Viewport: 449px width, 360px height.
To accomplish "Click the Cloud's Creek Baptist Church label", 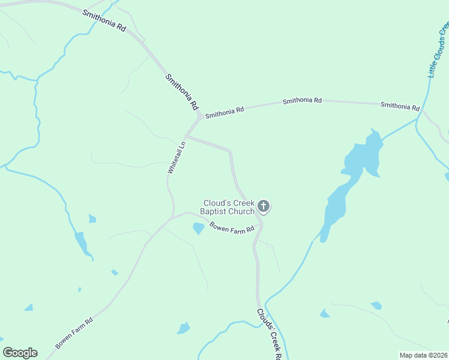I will [x=229, y=207].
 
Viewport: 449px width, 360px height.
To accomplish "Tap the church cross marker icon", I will [x=263, y=207].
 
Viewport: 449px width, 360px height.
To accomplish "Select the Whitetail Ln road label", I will [x=175, y=159].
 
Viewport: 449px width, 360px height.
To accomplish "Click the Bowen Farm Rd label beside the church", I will [x=232, y=228].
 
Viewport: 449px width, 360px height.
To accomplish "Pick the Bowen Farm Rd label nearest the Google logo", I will [x=74, y=334].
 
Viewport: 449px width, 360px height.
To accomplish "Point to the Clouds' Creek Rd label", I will [x=269, y=334].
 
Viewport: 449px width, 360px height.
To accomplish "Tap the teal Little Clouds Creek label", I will [x=438, y=51].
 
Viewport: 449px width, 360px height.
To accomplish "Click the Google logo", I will [x=20, y=353].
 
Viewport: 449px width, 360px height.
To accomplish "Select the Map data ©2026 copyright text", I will [x=424, y=355].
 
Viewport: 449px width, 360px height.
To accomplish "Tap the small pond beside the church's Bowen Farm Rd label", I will [x=197, y=229].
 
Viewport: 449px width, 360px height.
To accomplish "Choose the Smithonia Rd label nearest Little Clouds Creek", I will [x=400, y=106].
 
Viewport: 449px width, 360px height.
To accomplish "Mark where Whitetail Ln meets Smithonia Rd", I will [x=187, y=136].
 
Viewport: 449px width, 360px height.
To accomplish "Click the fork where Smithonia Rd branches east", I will [x=199, y=116].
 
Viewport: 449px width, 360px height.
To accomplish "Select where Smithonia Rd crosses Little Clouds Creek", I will [x=423, y=110].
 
